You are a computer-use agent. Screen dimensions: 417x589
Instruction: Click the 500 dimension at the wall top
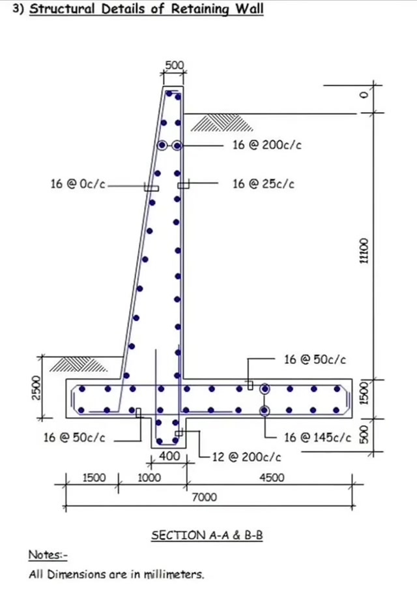click(175, 65)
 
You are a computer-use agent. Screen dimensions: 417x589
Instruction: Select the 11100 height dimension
click(364, 250)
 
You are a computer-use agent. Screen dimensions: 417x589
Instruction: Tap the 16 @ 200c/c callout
click(267, 145)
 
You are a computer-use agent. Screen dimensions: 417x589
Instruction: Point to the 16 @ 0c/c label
click(78, 184)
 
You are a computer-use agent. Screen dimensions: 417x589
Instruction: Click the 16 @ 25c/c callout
click(263, 184)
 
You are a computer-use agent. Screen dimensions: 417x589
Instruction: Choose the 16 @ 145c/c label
click(318, 437)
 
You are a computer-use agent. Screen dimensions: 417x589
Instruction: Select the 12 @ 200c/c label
click(246, 457)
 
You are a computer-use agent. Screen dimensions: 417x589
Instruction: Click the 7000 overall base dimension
click(204, 497)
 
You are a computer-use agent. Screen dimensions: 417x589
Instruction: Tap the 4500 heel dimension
click(272, 477)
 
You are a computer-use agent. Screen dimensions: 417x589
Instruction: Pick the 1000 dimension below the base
click(149, 477)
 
